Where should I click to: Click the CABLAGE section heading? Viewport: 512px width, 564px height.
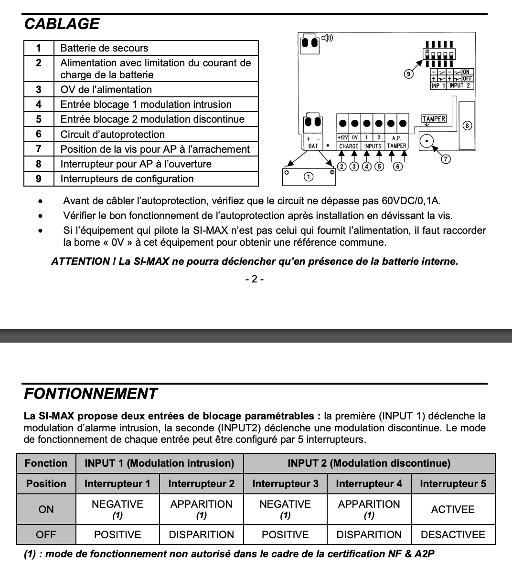pyautogui.click(x=62, y=24)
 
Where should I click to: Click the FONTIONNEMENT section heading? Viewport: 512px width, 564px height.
pyautogui.click(x=90, y=394)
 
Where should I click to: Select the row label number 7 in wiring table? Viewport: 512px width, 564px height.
pyautogui.click(x=39, y=149)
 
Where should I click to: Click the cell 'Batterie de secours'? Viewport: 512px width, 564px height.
pyautogui.click(x=104, y=48)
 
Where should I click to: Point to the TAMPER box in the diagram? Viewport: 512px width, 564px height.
pyautogui.click(x=434, y=119)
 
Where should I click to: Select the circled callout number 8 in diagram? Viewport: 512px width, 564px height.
pyautogui.click(x=467, y=125)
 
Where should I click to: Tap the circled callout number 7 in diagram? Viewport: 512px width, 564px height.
pyautogui.click(x=445, y=159)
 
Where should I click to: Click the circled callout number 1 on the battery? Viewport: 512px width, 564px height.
pyautogui.click(x=309, y=177)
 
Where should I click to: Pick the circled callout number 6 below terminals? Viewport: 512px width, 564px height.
pyautogui.click(x=397, y=167)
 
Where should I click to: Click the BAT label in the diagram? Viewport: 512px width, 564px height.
pyautogui.click(x=313, y=146)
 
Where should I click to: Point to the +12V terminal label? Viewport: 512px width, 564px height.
pyautogui.click(x=342, y=138)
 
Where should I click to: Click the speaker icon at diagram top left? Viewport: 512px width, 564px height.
pyautogui.click(x=327, y=38)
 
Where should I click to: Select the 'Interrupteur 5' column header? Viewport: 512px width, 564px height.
pyautogui.click(x=453, y=484)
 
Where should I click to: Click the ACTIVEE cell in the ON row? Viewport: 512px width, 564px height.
pyautogui.click(x=453, y=509)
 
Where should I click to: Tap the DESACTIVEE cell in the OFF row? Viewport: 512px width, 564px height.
pyautogui.click(x=453, y=535)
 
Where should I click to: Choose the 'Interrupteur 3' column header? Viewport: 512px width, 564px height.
pyautogui.click(x=285, y=484)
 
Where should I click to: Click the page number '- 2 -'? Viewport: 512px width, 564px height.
pyautogui.click(x=255, y=279)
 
